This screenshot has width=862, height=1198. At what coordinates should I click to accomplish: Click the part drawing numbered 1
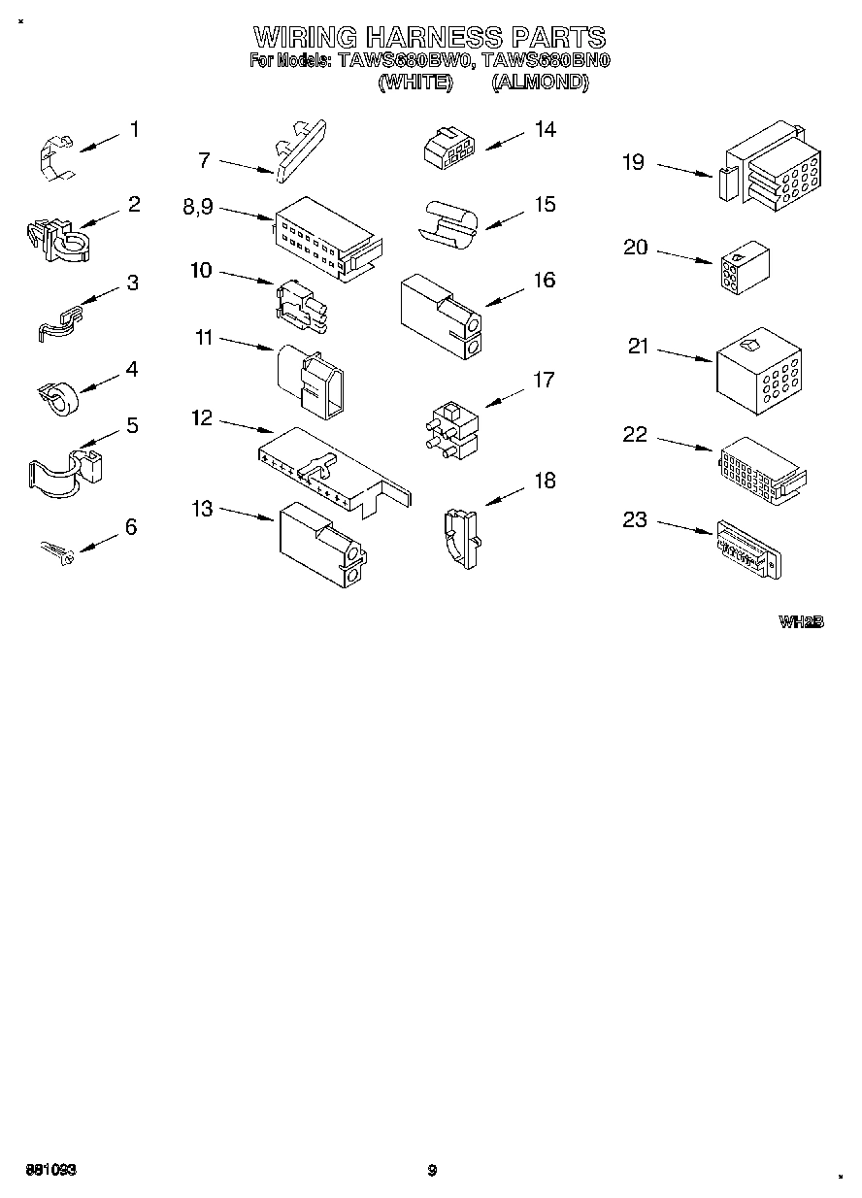56,158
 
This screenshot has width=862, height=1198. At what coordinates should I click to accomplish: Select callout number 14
546,129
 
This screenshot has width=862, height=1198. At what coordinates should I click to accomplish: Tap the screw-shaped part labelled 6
56,553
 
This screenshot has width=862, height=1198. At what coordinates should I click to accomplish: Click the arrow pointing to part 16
504,295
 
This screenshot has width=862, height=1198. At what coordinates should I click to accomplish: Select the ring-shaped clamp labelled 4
57,394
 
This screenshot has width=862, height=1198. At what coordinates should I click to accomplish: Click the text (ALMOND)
540,83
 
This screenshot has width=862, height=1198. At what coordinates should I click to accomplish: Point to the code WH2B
801,621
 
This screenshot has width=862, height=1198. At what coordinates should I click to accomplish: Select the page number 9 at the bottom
433,1170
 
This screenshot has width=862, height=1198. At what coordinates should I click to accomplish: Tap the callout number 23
634,520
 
